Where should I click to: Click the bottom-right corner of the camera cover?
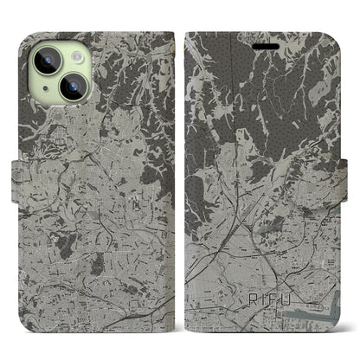(x=173, y=325)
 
